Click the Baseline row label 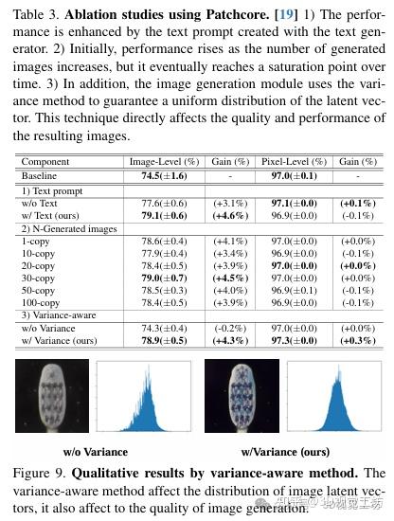(39, 176)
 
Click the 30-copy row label (39, 278)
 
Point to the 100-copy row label (42, 303)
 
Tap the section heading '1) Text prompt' (49, 190)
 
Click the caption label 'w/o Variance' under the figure (96, 452)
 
